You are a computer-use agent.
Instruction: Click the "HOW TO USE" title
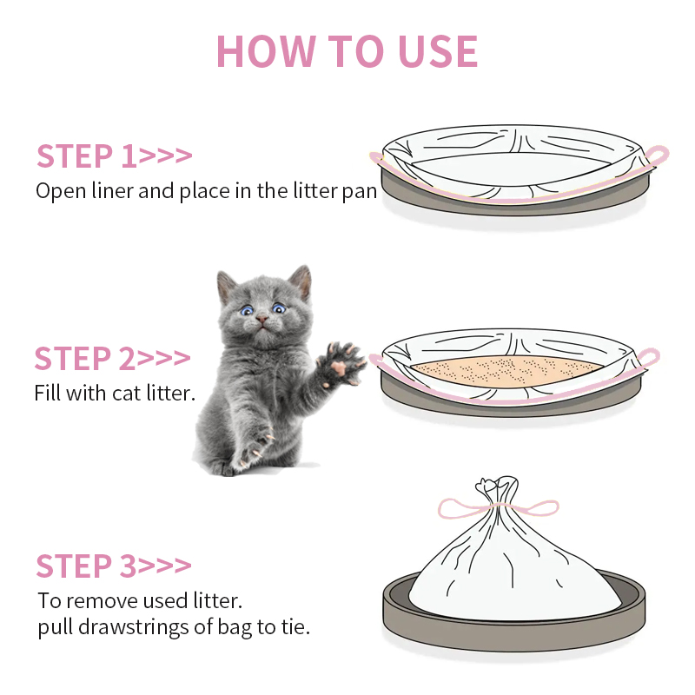coord(347,51)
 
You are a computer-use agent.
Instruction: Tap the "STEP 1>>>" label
coord(115,156)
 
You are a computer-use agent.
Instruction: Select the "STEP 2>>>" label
coord(113,358)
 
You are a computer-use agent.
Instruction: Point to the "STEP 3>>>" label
coord(114,566)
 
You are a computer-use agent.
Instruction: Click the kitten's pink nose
coord(261,318)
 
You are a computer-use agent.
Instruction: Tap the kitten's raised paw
coord(341,361)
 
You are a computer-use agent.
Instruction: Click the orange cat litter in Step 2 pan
coord(506,370)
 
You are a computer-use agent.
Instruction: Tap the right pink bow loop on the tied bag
coord(532,508)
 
